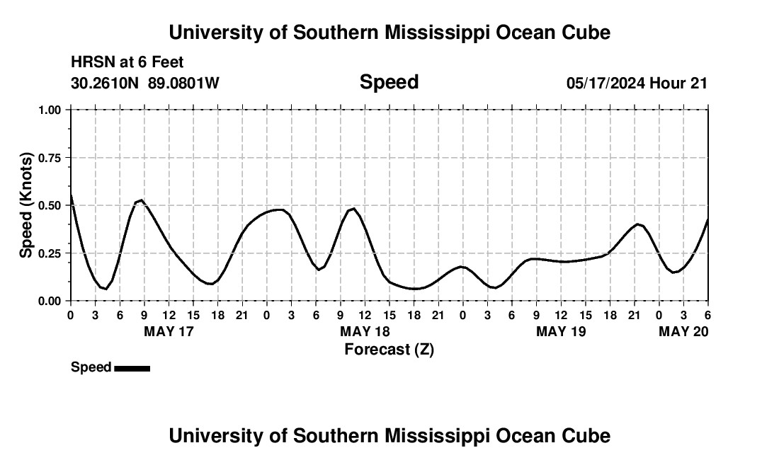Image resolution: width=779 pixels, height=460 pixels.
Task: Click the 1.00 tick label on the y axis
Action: (x=50, y=110)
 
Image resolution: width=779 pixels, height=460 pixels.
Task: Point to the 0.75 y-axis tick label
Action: (x=50, y=158)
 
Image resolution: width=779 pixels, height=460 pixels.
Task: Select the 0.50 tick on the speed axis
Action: (x=50, y=205)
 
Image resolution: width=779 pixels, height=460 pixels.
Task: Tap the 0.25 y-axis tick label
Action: (x=50, y=253)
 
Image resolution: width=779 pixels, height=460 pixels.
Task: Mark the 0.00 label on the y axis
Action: (x=50, y=301)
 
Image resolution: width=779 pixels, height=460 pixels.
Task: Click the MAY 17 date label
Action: (x=169, y=331)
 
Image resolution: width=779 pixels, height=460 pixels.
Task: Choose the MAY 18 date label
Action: (x=365, y=331)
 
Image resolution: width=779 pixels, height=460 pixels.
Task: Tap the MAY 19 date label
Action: (x=562, y=331)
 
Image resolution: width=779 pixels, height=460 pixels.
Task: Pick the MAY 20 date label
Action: (x=683, y=331)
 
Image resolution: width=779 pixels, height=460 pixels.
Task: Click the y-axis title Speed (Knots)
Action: (x=26, y=205)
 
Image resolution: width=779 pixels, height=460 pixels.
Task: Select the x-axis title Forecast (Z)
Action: (x=389, y=349)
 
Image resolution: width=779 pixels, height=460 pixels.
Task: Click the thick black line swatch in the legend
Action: (x=132, y=368)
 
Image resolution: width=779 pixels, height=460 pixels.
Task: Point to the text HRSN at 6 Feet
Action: (x=127, y=63)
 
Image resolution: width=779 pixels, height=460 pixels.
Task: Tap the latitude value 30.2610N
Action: (x=106, y=83)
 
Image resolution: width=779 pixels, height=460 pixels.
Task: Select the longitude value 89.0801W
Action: (x=183, y=83)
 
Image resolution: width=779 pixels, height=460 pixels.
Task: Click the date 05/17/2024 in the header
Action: (x=605, y=83)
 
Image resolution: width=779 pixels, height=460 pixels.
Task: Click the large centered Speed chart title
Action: (x=389, y=82)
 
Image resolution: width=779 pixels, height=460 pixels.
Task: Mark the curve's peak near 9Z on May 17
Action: (x=142, y=200)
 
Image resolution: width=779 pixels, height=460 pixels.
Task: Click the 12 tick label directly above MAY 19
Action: (x=562, y=314)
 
